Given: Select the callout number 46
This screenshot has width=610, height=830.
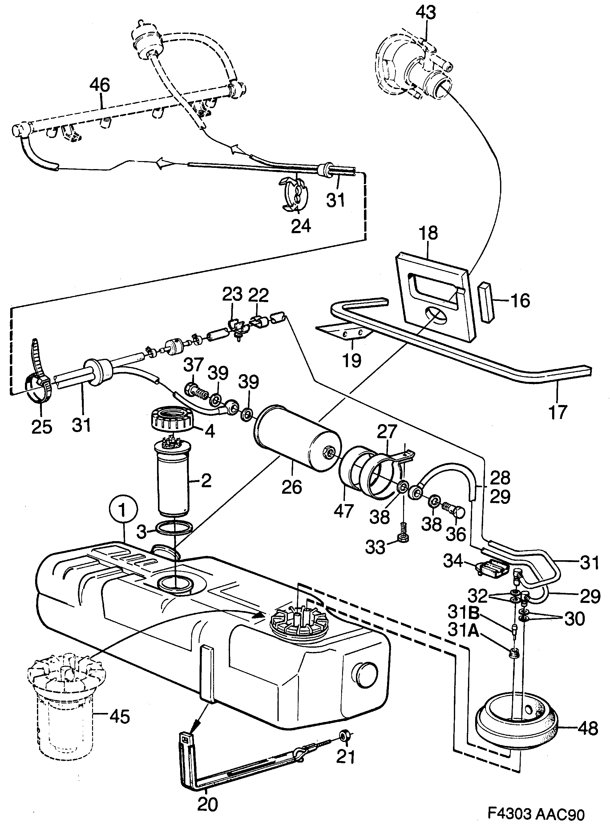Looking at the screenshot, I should pos(100,86).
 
